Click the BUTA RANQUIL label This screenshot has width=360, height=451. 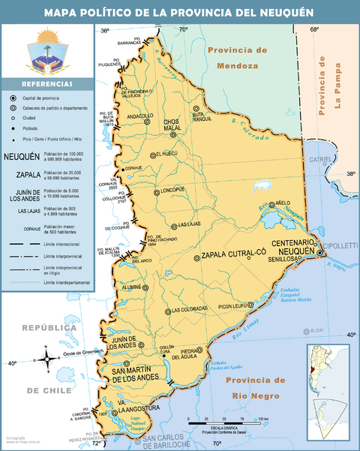[202, 117]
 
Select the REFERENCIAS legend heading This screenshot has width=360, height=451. [47, 84]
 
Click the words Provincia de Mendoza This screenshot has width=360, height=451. [237, 58]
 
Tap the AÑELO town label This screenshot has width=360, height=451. [283, 203]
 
